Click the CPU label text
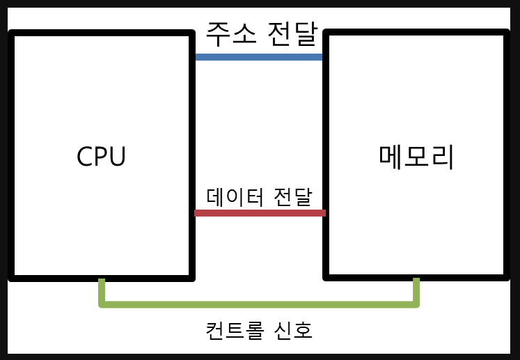pos(101,157)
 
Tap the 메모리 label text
pos(417,157)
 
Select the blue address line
pos(259,56)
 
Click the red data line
pos(259,212)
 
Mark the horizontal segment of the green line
pos(259,304)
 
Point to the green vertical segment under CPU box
pos(102,290)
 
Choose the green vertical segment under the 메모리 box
pos(416,290)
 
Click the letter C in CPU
pos(84,157)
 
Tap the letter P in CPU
pos(101,157)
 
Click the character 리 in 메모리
pos(443,157)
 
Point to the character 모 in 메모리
pos(417,157)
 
